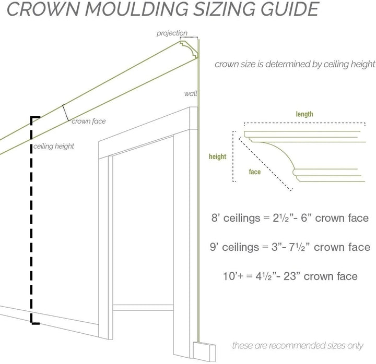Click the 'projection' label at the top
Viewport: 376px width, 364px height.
pos(172,33)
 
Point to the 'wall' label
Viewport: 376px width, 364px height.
pos(190,94)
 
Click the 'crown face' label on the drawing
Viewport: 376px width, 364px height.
pos(88,122)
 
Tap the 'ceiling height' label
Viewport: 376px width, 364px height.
pos(53,147)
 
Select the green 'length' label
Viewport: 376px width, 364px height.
pos(304,114)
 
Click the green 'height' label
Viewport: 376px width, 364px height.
pos(217,156)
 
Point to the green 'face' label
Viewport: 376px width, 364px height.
pos(255,171)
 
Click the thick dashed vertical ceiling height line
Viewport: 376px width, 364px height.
pos(33,219)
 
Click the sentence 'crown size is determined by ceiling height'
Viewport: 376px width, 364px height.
pos(295,65)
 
